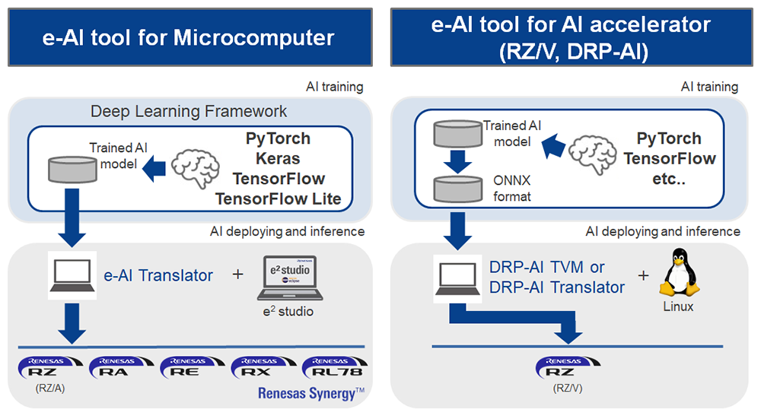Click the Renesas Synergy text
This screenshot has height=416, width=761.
pyautogui.click(x=311, y=393)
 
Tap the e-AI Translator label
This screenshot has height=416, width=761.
pyautogui.click(x=158, y=275)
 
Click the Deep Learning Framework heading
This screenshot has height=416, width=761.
pyautogui.click(x=189, y=111)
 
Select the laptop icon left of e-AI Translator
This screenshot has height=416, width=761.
pyautogui.click(x=72, y=276)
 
